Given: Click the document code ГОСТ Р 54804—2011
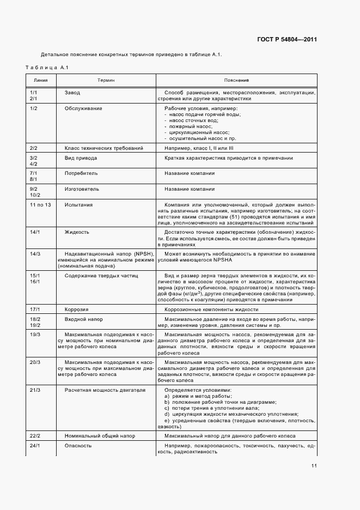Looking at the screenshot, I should click(x=286, y=40).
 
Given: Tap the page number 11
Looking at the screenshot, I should click(x=314, y=466).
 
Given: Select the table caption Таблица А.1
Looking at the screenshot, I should click(x=46, y=67).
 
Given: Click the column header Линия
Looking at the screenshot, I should click(x=41, y=80).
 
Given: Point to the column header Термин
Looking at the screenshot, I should click(x=106, y=80).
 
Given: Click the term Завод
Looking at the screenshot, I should click(x=72, y=93).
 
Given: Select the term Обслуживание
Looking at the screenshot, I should click(x=83, y=108).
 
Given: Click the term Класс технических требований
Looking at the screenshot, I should click(x=104, y=148).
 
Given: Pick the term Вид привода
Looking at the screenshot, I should click(x=81, y=158).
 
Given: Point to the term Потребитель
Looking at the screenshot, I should click(x=81, y=173).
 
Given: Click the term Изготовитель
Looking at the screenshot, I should click(x=82, y=189).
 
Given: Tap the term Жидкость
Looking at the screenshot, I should click(x=77, y=232).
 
